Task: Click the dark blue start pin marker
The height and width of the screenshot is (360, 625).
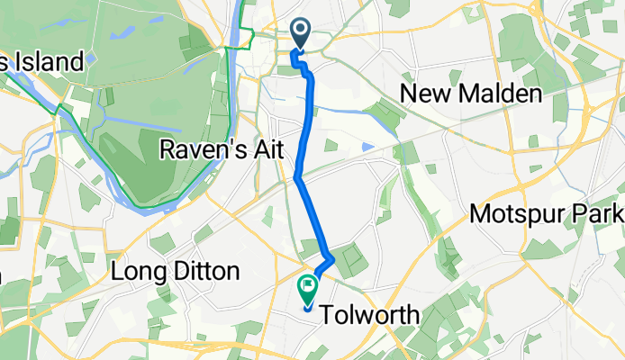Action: [300, 34]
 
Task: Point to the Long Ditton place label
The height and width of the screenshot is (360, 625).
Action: [176, 271]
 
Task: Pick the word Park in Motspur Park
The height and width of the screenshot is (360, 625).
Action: [602, 215]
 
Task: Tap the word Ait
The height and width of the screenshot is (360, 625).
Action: [270, 150]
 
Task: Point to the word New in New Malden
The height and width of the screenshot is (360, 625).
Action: [421, 94]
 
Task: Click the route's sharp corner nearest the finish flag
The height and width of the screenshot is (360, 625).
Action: [333, 259]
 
